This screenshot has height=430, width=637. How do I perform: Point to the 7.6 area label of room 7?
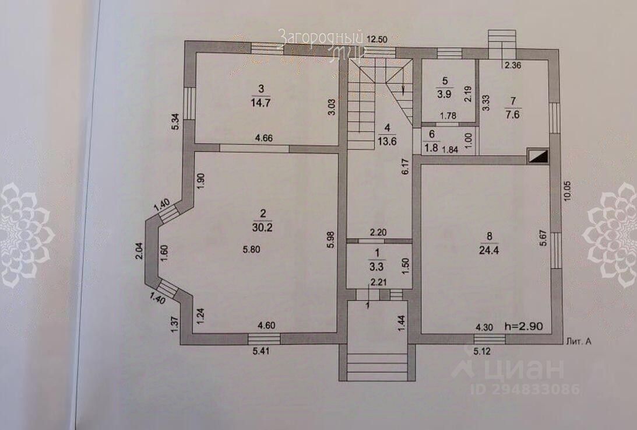point(513,114)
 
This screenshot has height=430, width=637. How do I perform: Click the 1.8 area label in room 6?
point(432,148)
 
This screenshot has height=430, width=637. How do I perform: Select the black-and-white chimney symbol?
point(537,156)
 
